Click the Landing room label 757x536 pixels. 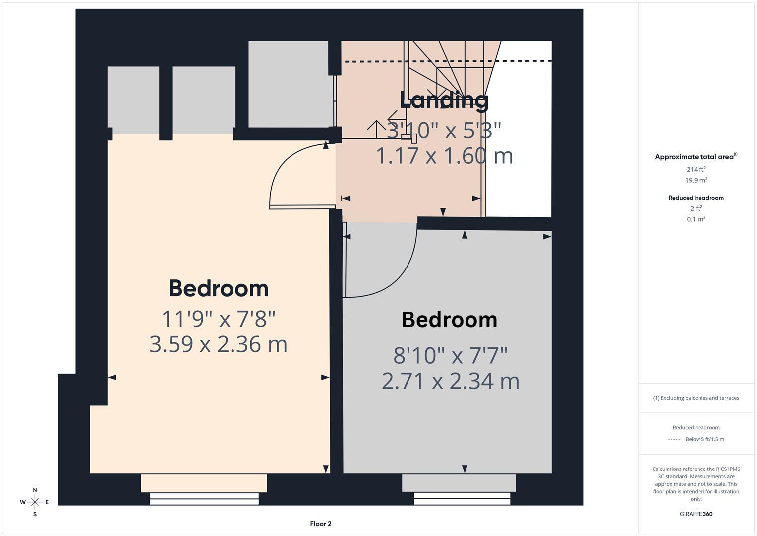444,101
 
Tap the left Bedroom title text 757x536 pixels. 219,289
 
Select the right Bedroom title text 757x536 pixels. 449,320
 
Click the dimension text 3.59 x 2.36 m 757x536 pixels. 219,344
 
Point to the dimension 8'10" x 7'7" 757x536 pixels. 450,355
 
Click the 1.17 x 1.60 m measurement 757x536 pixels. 444,156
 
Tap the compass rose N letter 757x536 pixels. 35,490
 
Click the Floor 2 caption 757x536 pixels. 321,524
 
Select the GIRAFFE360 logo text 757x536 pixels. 696,514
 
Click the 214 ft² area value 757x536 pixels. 696,170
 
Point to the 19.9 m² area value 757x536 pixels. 696,181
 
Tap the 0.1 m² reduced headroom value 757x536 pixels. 696,219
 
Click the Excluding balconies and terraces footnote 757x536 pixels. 696,398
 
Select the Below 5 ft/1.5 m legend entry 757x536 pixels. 704,439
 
